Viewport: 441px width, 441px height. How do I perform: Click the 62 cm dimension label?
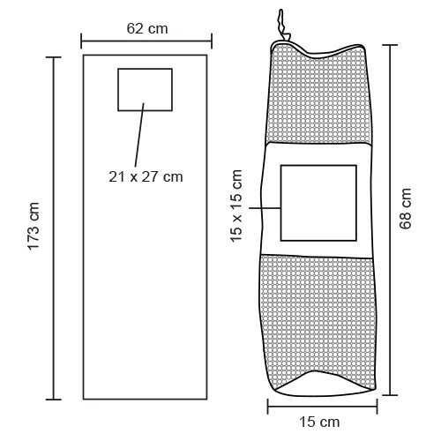(x=147, y=29)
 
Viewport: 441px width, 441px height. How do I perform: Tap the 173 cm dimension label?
(x=34, y=227)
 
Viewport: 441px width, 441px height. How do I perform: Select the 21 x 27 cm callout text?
(x=146, y=176)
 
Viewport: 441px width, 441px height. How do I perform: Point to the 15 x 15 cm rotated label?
(x=236, y=206)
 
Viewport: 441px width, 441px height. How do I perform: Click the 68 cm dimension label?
(x=405, y=208)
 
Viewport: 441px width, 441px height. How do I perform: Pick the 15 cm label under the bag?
(x=319, y=422)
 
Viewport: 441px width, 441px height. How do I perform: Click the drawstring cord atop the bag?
(x=281, y=25)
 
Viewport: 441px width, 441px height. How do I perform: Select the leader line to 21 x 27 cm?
(x=139, y=135)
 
